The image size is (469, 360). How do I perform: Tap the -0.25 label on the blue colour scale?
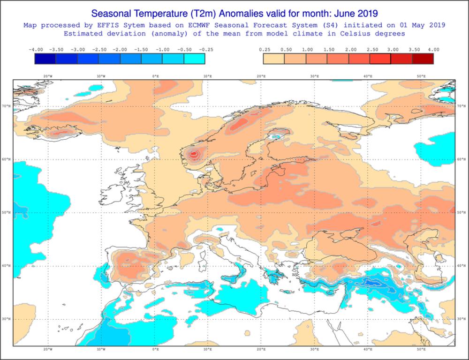205,49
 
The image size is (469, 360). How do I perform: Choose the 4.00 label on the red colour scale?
433,49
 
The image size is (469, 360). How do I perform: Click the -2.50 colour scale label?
98,49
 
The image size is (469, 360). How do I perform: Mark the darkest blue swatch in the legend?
45,59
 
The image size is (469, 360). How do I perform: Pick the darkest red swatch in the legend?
423,59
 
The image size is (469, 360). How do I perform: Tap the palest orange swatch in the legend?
274,59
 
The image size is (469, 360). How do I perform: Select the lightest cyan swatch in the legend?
194,59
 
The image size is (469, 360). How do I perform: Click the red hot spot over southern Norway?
194,153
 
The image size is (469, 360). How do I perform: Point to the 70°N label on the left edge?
8,106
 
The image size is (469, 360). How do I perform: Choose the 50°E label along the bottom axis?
421,350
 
